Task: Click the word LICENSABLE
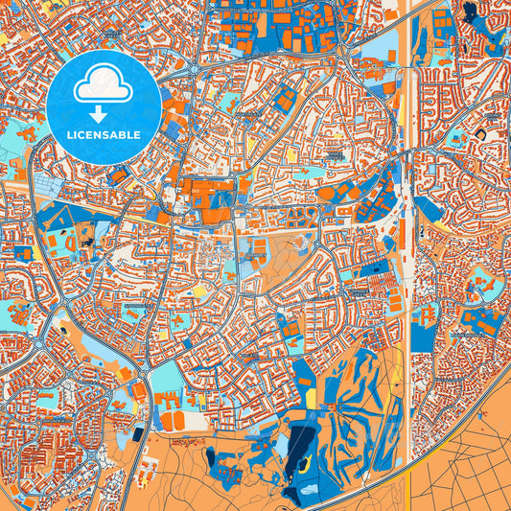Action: [x=104, y=135]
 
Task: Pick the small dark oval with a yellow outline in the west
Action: [x=63, y=329]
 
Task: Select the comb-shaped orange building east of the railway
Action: [x=428, y=314]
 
